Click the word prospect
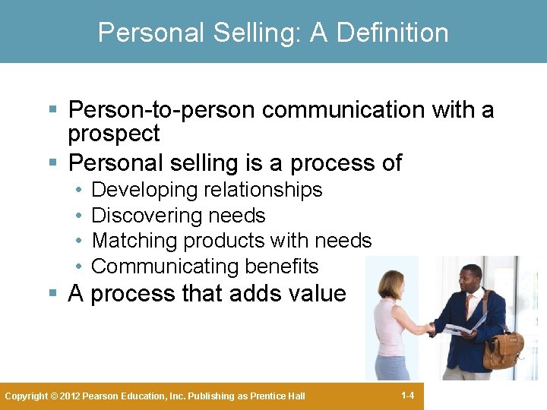click(113, 134)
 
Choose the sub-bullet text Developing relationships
click(207, 190)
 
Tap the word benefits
click(281, 266)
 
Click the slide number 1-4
click(407, 396)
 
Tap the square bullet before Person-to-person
click(52, 111)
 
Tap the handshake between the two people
click(431, 328)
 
